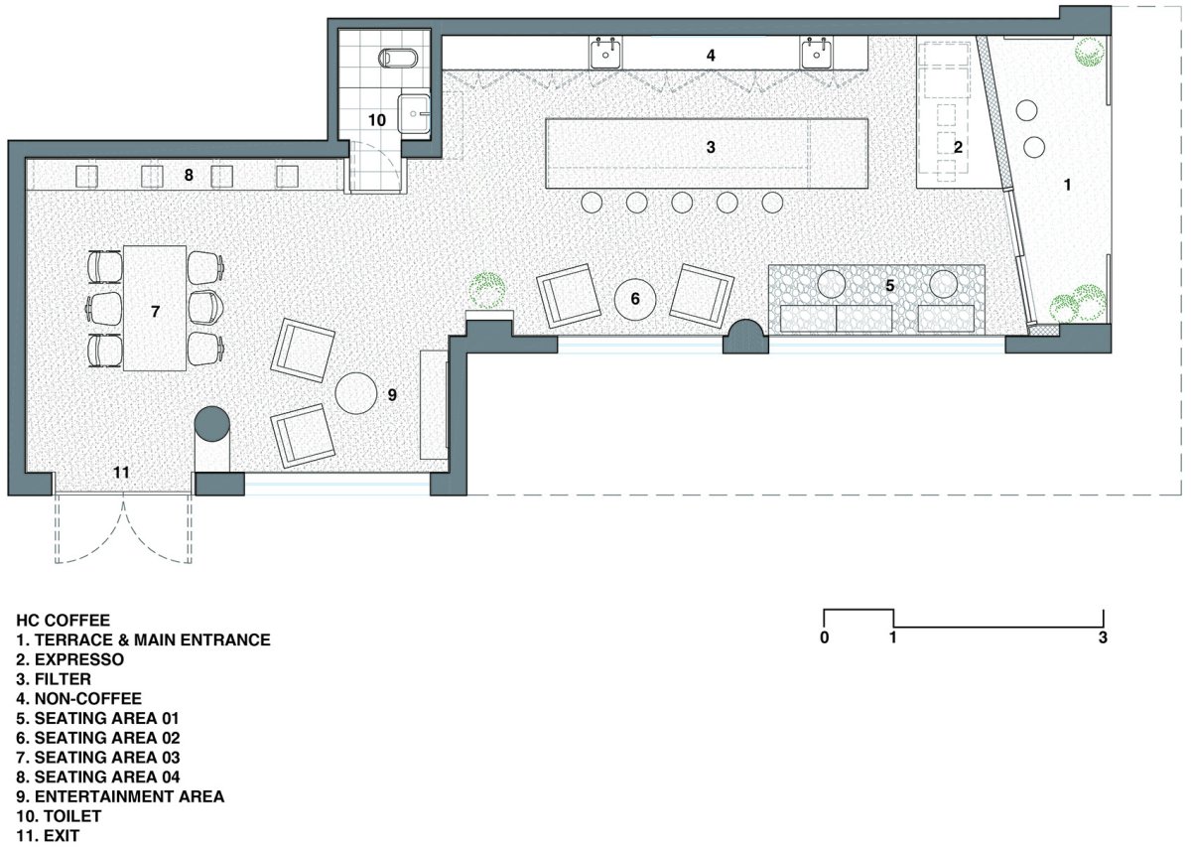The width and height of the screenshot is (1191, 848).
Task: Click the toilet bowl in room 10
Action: coord(398,58)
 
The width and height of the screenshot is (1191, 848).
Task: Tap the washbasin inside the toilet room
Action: coord(414,114)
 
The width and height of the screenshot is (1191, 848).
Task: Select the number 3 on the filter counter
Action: coord(711,147)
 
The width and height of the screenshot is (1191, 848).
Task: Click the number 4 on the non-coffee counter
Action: coord(711,56)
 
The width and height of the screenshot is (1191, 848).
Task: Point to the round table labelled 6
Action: coord(635,299)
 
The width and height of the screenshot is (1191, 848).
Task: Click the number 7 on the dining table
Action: coord(155,311)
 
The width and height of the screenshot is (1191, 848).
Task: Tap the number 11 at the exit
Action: coord(121,473)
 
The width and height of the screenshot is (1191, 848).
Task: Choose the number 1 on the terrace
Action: coord(1067,185)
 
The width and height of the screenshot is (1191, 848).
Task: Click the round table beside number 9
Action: coord(355,393)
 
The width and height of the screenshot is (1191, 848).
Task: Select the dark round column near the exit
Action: coord(211,423)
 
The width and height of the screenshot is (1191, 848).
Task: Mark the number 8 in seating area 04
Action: coord(189,175)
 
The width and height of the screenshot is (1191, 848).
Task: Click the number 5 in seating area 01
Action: coord(890,286)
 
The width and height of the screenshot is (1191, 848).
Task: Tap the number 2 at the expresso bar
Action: coord(958,147)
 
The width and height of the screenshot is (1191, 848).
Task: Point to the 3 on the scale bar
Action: coord(1103,637)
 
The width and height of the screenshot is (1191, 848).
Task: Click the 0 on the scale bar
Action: coord(824,637)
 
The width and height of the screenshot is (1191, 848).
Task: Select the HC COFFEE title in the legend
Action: coord(64,621)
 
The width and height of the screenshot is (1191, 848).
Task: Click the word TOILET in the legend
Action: coord(72,816)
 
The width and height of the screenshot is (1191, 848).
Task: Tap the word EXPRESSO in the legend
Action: coord(79,659)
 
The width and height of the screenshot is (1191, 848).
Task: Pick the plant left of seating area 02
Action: coord(486,290)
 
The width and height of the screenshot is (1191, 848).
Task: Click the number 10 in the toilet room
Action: coord(377,120)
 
